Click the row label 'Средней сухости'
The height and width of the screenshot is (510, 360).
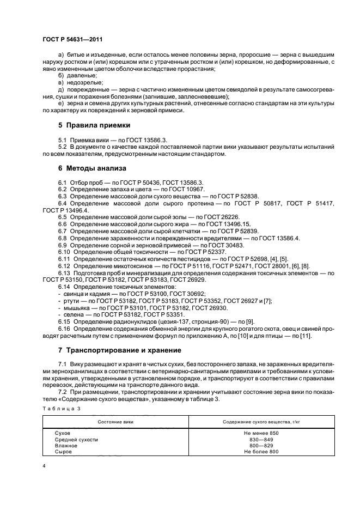click(76, 439)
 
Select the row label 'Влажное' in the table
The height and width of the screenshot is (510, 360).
click(66, 445)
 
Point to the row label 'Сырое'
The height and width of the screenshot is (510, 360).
click(64, 452)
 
